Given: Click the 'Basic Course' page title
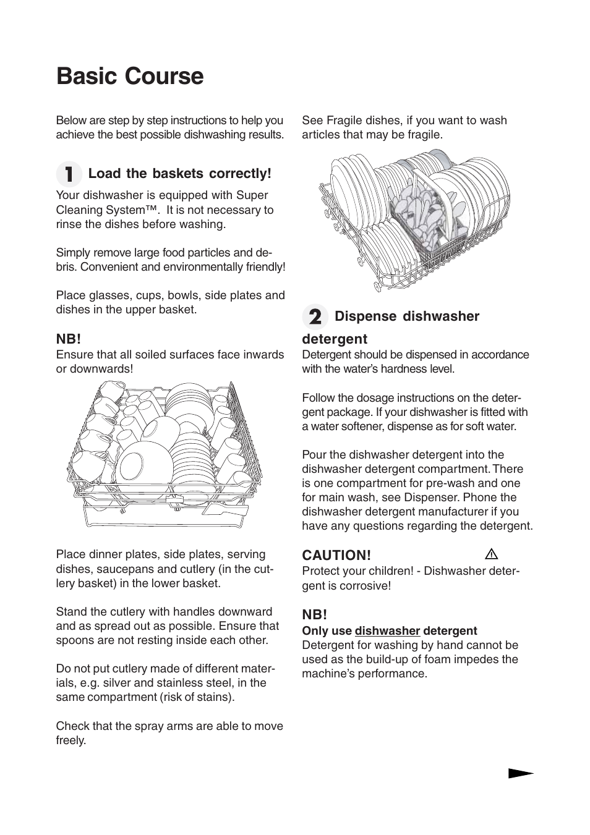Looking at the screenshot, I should pyautogui.click(x=130, y=76).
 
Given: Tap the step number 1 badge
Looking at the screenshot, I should pyautogui.click(x=69, y=174).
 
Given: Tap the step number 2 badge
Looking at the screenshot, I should pyautogui.click(x=315, y=317).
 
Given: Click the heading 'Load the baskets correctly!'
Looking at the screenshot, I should pyautogui.click(x=179, y=174).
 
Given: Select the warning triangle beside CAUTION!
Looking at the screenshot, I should pyautogui.click(x=492, y=554).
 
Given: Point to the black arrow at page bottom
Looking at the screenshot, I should pyautogui.click(x=521, y=773).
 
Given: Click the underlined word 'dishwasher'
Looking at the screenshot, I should pyautogui.click(x=387, y=631).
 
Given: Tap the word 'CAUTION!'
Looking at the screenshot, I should pyautogui.click(x=336, y=555).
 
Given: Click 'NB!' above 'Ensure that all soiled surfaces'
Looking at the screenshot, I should pyautogui.click(x=69, y=339).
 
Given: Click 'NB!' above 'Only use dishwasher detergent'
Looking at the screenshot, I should pyautogui.click(x=314, y=615).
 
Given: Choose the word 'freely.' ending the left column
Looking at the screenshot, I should pyautogui.click(x=71, y=740).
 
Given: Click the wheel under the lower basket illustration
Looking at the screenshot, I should pyautogui.click(x=378, y=286).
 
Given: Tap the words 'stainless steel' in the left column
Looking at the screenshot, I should pyautogui.click(x=207, y=683).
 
